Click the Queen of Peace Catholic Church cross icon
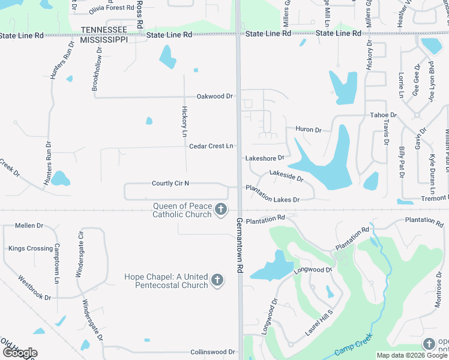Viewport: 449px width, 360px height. tap(221, 209)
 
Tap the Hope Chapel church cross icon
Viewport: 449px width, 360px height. tap(217, 280)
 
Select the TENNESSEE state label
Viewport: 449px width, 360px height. tap(104, 30)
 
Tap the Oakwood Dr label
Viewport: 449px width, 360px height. tap(214, 96)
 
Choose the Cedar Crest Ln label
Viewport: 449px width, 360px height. tap(211, 146)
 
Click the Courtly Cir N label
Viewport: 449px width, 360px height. tap(170, 183)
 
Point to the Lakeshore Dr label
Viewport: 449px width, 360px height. tap(265, 158)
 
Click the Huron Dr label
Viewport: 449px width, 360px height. tap(309, 130)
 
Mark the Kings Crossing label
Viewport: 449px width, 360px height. tap(31, 248)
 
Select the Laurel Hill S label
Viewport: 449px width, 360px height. tap(319, 323)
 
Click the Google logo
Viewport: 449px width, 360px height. tap(20, 352)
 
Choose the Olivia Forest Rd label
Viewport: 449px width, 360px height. tap(110, 8)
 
